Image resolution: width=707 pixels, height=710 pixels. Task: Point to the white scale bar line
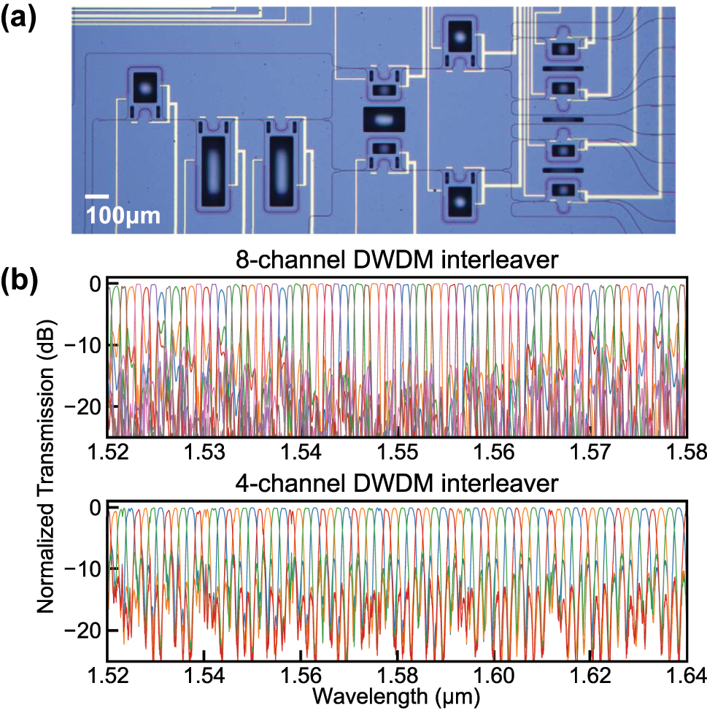(97, 196)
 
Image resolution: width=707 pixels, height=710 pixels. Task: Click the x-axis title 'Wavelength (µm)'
(396, 697)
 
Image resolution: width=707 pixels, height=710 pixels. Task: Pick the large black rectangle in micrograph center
(383, 119)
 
